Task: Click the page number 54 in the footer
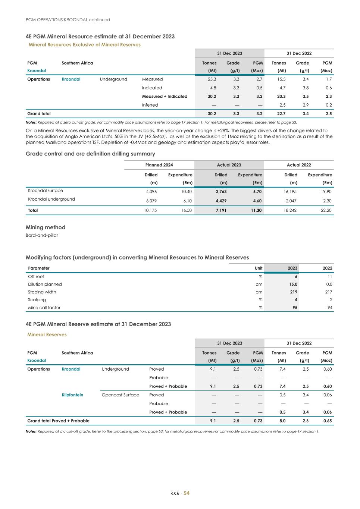pyautogui.click(x=186, y=493)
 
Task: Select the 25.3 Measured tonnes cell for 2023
pyautogui.click(x=212, y=79)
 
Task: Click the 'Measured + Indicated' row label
pyautogui.click(x=165, y=96)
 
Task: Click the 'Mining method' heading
pyautogui.click(x=45, y=227)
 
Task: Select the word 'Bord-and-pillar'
pyautogui.click(x=42, y=235)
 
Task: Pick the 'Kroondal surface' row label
pyautogui.click(x=46, y=191)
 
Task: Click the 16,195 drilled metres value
pyautogui.click(x=290, y=191)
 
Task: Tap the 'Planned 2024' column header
pyautogui.click(x=159, y=165)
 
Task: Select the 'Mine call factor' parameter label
pyautogui.click(x=44, y=308)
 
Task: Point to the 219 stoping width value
pyautogui.click(x=293, y=292)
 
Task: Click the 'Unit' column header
pyautogui.click(x=259, y=268)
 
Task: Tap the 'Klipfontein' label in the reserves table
pyautogui.click(x=72, y=395)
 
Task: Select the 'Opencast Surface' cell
pyautogui.click(x=120, y=395)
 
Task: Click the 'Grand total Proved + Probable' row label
pyautogui.click(x=58, y=421)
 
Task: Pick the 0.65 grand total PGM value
pyautogui.click(x=327, y=421)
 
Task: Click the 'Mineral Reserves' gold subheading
pyautogui.click(x=47, y=334)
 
